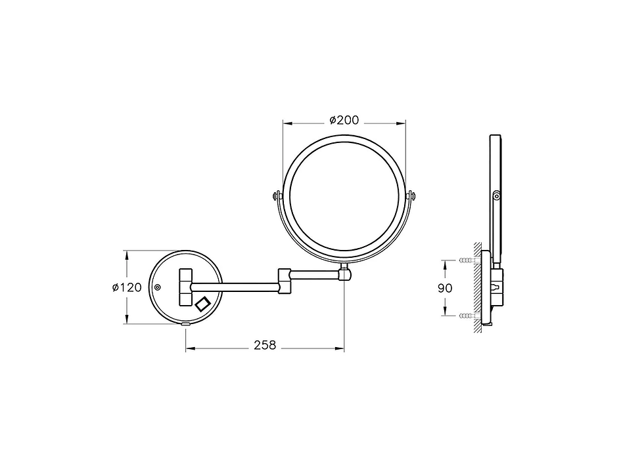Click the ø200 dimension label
(x=344, y=120)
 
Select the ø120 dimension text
(x=127, y=287)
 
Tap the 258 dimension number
(x=265, y=345)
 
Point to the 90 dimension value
(x=445, y=288)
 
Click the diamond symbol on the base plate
(x=203, y=304)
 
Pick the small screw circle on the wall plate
(x=157, y=287)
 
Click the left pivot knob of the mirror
(x=277, y=196)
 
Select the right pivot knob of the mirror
(x=411, y=196)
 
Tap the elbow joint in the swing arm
(x=285, y=281)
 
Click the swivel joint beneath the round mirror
(x=344, y=272)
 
